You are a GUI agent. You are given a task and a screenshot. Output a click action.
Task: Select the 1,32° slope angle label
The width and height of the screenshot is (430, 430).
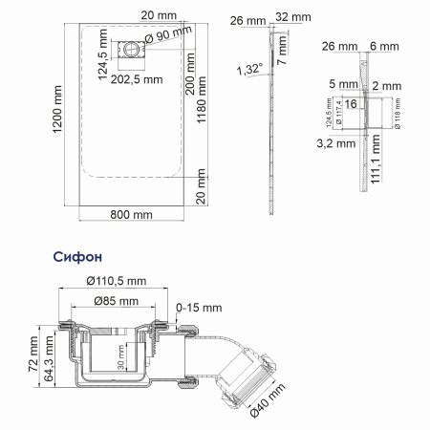(247, 69)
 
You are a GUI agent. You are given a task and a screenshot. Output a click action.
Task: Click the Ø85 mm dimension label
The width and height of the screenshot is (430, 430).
(115, 302)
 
